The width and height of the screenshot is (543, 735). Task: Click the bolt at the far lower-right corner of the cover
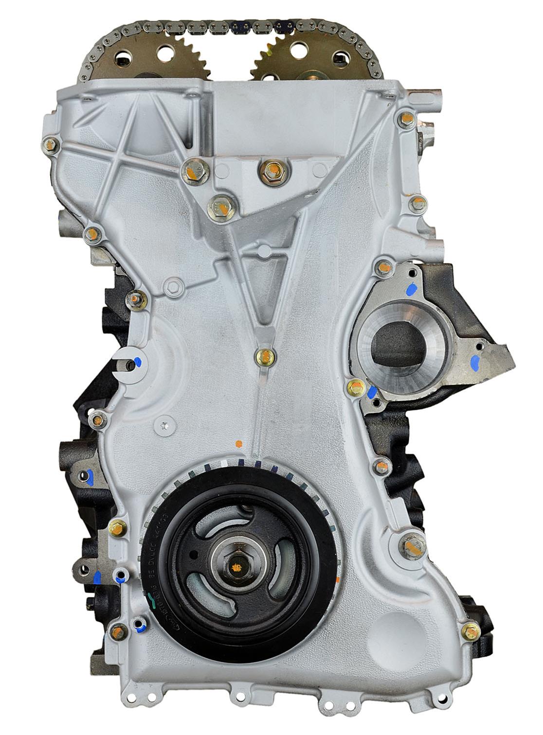(470, 631)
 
